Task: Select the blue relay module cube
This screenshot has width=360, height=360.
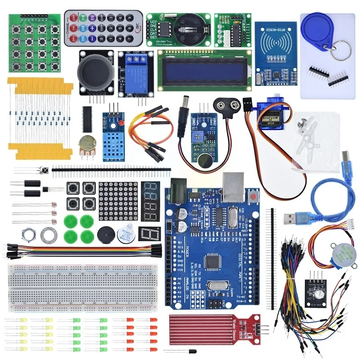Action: click(x=135, y=72)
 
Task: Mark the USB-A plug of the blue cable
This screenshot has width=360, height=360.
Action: click(x=292, y=219)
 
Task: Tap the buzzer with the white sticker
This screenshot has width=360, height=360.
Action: click(x=125, y=235)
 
